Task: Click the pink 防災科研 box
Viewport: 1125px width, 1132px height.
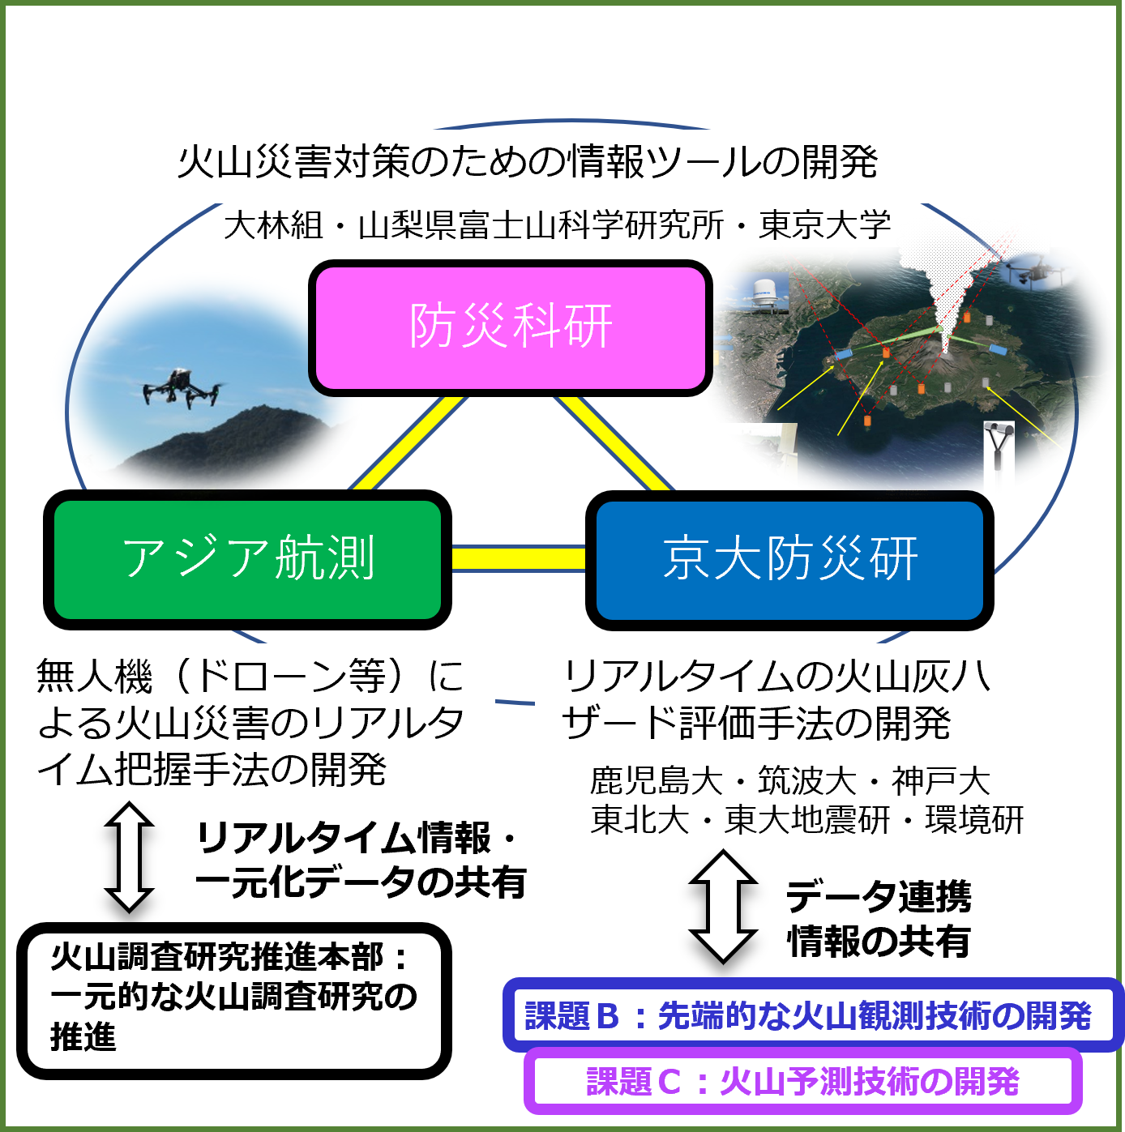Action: [x=510, y=327]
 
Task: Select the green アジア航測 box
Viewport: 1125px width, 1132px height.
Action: [x=247, y=559]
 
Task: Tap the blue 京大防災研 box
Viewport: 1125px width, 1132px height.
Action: [x=789, y=559]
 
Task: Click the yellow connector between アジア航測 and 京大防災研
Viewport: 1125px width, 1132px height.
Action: [x=519, y=558]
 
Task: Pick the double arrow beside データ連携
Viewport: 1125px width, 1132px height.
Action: [x=723, y=906]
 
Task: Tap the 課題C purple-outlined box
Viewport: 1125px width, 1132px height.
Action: [x=802, y=1081]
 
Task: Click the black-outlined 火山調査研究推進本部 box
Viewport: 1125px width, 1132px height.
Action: [x=233, y=999]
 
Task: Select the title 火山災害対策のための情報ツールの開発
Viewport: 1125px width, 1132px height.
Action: [x=527, y=162]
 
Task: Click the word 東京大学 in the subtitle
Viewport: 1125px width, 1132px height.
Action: [x=824, y=225]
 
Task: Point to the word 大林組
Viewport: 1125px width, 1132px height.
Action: [x=273, y=225]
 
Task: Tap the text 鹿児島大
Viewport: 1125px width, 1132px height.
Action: [x=657, y=781]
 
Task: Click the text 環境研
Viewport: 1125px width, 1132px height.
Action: [x=974, y=820]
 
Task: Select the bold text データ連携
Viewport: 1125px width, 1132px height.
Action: [x=879, y=896]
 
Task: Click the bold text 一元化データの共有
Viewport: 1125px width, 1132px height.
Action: [x=361, y=882]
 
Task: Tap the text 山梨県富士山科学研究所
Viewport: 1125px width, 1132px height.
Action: [x=541, y=225]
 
